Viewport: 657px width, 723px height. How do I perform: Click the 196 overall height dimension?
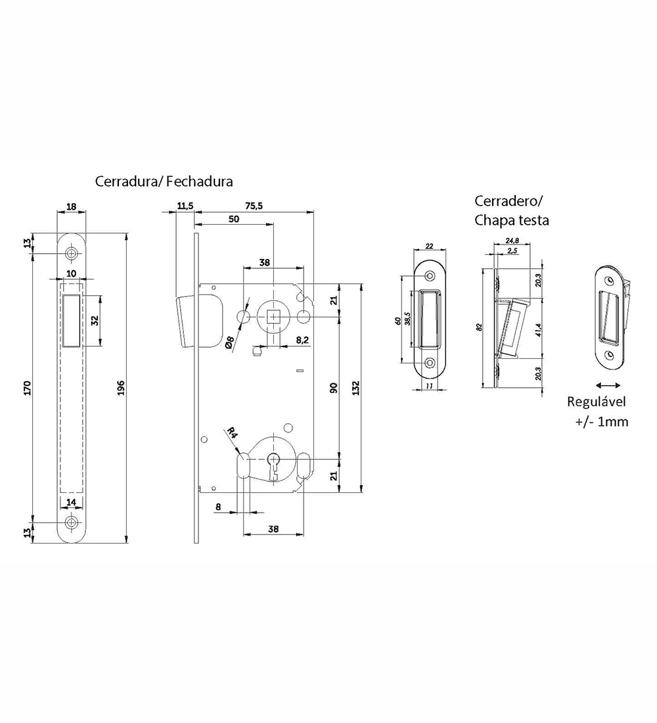[122, 387]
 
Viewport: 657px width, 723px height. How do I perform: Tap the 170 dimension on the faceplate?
[27, 387]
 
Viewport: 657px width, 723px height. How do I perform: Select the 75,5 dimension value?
[254, 206]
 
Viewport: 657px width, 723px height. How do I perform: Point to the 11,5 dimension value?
[185, 206]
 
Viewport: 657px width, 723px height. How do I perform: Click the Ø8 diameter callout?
[230, 344]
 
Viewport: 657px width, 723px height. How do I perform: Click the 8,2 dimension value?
[302, 340]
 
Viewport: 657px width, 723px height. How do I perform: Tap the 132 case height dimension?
[355, 388]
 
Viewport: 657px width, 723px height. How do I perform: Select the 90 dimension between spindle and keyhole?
[334, 388]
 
